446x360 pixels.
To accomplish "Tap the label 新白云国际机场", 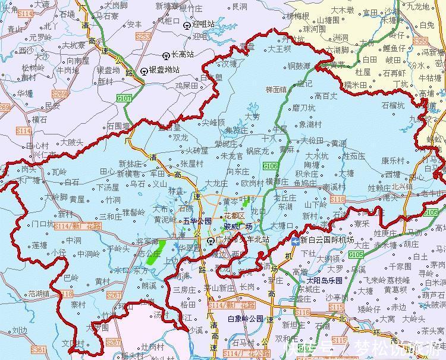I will (327, 240).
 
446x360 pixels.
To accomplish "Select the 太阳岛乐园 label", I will (325, 280).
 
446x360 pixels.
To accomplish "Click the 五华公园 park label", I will (197, 221).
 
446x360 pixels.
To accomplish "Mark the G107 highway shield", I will (124, 98).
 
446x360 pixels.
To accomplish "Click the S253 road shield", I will (143, 36).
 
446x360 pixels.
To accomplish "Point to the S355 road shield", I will (420, 41).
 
